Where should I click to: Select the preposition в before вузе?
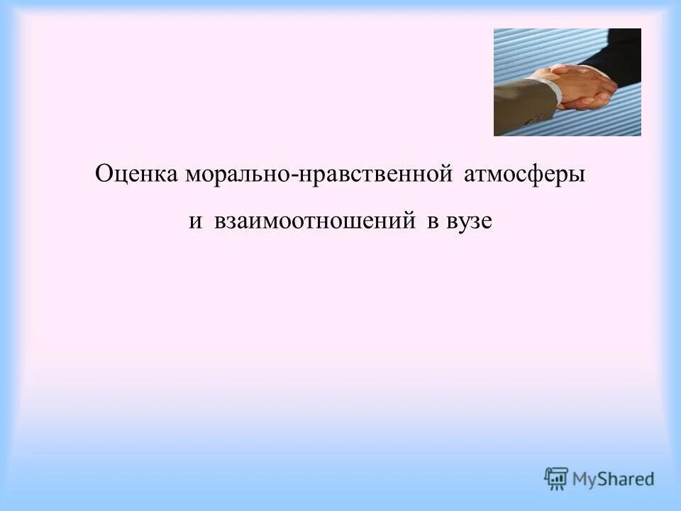[432, 221]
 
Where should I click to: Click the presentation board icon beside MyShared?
[557, 478]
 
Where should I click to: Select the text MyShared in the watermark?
[614, 479]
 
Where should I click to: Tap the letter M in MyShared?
[582, 479]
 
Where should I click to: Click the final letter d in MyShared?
[648, 479]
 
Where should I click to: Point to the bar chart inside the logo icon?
[557, 476]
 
